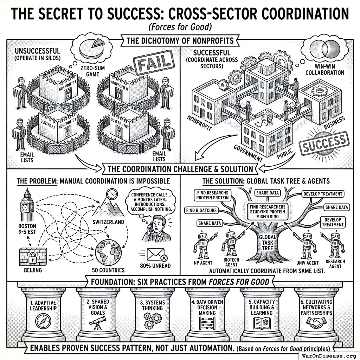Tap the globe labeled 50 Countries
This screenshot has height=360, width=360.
(109, 252)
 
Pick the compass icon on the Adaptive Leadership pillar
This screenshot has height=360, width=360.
(43, 321)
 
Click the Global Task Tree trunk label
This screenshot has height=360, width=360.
(267, 242)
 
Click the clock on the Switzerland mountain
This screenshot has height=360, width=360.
(112, 193)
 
